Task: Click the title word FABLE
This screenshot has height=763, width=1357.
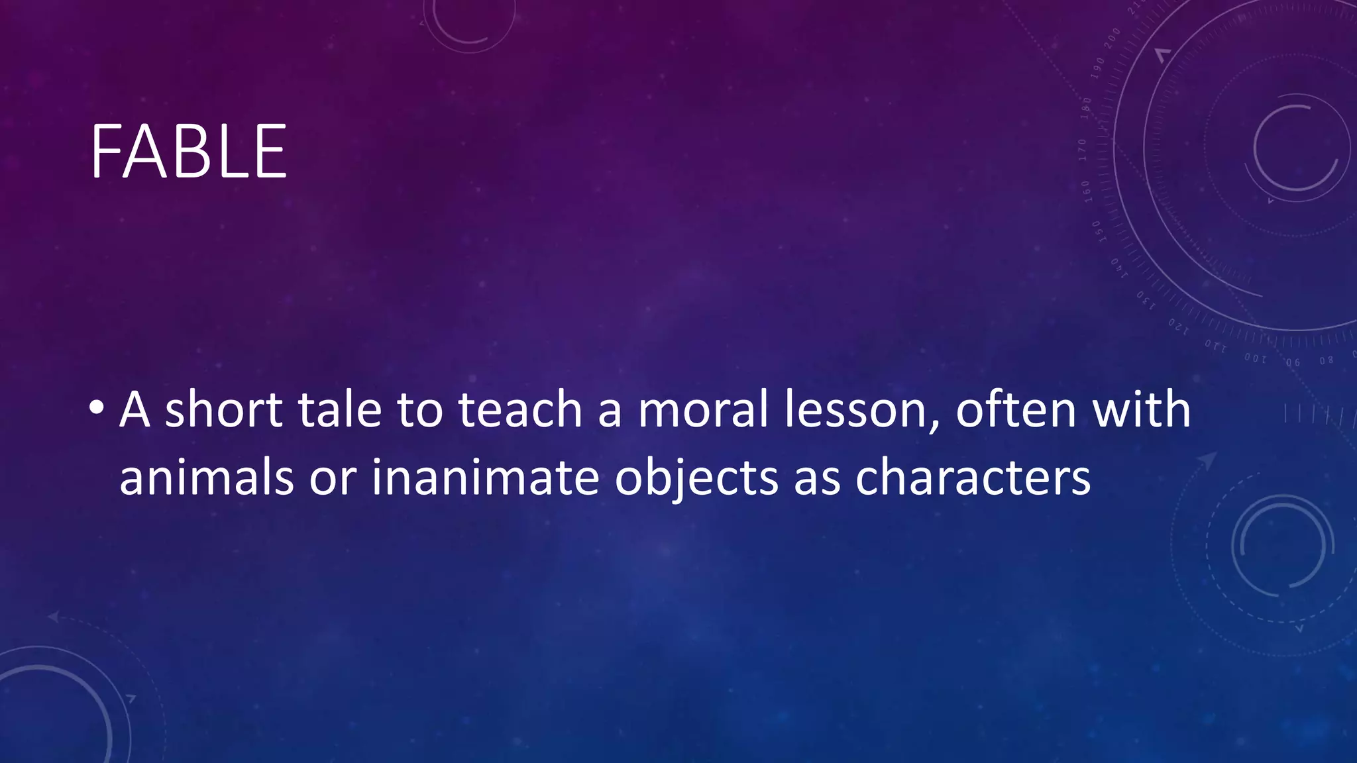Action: tap(189, 152)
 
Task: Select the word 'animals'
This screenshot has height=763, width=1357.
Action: tap(206, 478)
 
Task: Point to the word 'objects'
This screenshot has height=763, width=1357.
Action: tap(696, 479)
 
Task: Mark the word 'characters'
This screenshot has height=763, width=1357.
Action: tap(973, 478)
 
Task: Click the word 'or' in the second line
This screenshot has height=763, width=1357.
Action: tap(333, 479)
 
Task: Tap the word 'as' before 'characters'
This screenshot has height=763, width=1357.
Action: tap(816, 479)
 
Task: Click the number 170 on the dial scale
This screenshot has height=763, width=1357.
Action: tap(1083, 150)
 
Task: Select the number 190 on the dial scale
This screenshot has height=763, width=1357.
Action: tap(1098, 68)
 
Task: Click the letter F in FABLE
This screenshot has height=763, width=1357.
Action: tap(105, 152)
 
